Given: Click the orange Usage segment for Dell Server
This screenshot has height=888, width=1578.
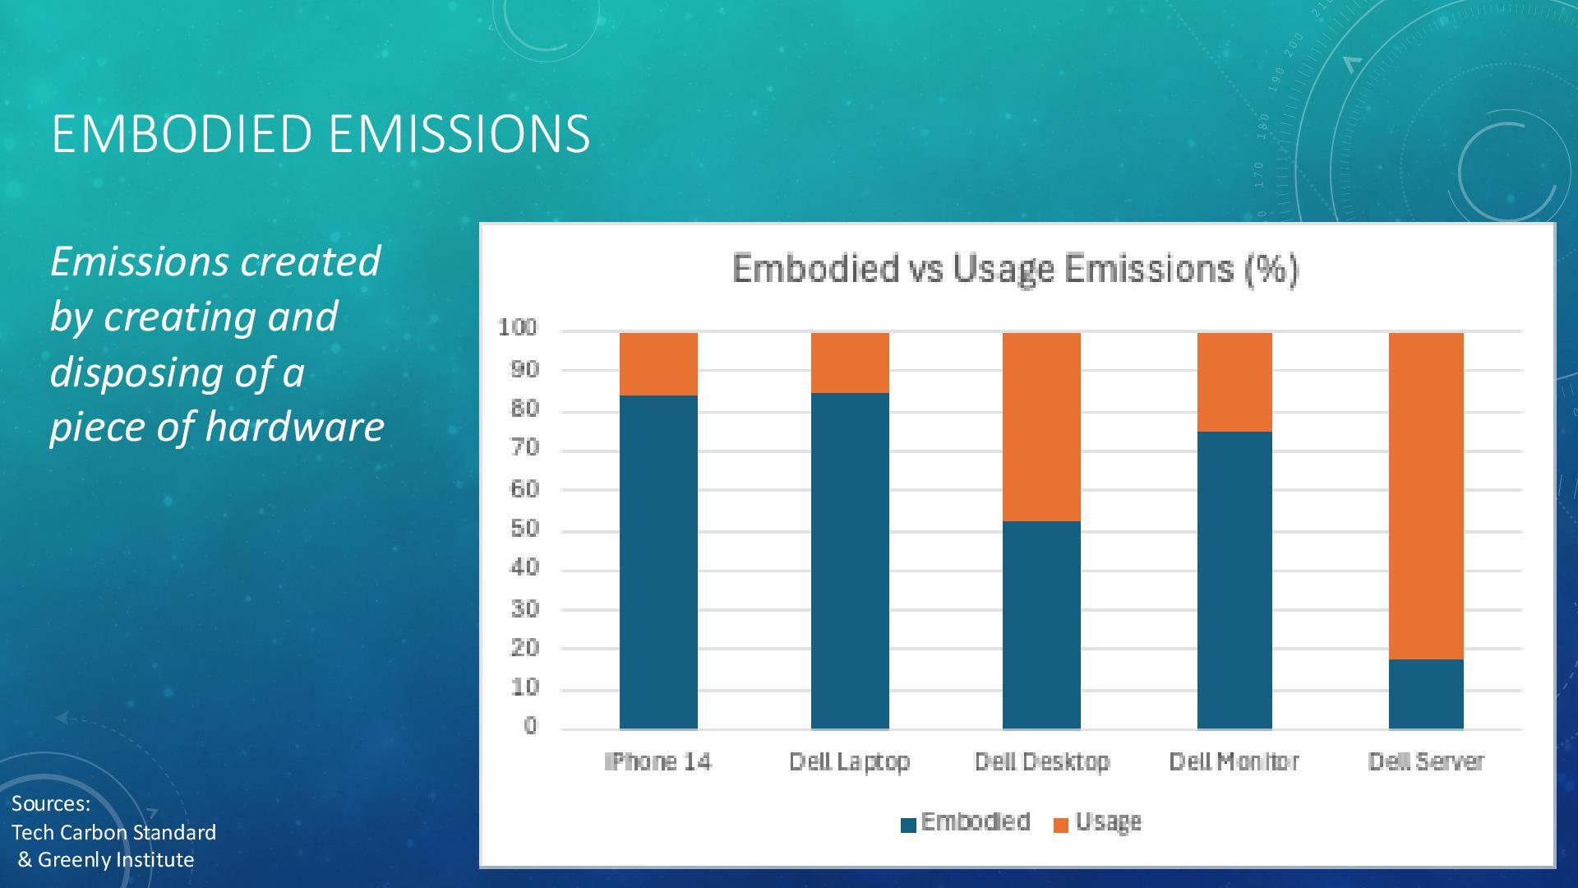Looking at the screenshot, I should coord(1426,496).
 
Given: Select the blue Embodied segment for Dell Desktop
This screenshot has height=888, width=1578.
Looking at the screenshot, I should coord(1041,625).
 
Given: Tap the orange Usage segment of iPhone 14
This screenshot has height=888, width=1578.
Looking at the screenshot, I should coord(658,363).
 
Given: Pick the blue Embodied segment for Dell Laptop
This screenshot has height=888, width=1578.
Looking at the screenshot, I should coord(850,561).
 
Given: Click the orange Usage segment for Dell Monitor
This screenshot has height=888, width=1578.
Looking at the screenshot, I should coord(1234,382).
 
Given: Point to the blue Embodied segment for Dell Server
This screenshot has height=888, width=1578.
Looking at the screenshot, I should coord(1426,694).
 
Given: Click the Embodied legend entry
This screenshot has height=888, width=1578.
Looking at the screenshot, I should coord(967,822).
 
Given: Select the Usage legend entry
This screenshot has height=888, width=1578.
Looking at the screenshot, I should coord(1098,822).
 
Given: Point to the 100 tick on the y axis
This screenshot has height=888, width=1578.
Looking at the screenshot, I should coord(517,328).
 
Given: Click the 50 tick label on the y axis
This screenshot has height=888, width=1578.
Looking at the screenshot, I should coord(524,529).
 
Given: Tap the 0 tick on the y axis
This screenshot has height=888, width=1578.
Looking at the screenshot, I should coord(530,726).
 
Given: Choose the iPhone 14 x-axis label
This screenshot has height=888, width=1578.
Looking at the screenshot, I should coord(658,761).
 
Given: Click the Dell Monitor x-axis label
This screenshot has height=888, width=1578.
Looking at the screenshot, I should coord(1234,761).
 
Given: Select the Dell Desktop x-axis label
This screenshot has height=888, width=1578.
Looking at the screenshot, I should coord(1041,761).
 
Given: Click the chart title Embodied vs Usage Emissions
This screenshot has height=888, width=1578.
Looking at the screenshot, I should coord(1015,269).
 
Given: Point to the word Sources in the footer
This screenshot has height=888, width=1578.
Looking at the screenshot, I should coord(49,803).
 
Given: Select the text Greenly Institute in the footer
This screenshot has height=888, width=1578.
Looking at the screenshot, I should coord(116,860).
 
